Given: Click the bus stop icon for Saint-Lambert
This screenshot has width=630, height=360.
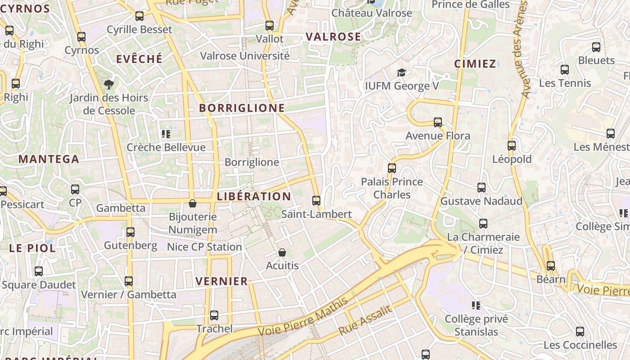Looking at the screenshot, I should coord(316,201).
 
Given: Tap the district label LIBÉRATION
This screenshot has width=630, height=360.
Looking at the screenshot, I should coord(254,197).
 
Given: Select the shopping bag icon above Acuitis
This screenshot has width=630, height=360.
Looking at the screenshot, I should coord(282,252).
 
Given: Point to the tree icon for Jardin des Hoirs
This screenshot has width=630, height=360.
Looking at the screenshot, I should coord(108,84).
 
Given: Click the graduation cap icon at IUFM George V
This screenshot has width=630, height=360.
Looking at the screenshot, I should coord(401,72).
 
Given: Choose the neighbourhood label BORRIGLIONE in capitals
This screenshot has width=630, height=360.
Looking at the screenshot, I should coord(242,108).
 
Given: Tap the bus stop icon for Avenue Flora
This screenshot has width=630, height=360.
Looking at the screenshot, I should coord(437,122).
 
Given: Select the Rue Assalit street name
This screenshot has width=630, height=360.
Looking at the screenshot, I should coord(365,320).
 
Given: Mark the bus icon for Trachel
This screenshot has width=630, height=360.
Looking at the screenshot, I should coord(214,315).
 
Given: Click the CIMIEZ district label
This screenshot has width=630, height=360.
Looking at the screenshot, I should coord(475,64).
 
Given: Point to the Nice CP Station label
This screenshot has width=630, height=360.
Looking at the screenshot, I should coord(204,247).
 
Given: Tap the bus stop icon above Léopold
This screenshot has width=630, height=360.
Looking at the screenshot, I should coord(512,146).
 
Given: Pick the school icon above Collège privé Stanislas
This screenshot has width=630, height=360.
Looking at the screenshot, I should coord(476,306).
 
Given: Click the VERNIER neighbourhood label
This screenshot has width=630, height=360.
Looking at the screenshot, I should coord(222,282).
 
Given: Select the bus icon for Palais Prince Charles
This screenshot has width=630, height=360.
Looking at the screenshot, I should coord(392,168).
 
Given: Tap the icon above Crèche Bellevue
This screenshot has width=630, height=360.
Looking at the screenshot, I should coord(166,134).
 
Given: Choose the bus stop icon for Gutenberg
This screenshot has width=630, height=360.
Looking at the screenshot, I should coord(130,232).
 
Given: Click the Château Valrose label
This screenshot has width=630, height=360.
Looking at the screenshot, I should coord(372,13).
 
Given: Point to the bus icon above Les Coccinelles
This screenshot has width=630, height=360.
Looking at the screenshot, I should coord(580,332).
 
